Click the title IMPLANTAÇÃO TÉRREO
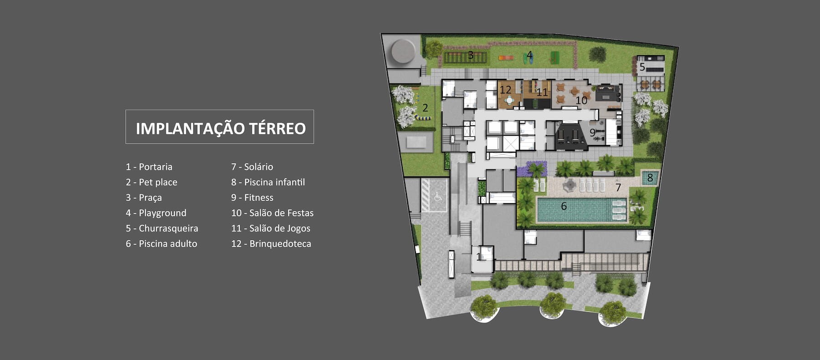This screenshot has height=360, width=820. point(220,128)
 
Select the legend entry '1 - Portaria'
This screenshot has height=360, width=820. point(149,167)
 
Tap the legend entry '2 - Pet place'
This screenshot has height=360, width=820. point(151,182)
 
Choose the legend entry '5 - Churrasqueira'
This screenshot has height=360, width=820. point(162,228)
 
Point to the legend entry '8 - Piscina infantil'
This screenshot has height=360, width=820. point(268,182)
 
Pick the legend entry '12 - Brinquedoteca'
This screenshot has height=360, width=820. point(271,244)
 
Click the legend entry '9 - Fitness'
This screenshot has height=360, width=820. point(252,198)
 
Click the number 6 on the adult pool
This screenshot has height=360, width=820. point(564,206)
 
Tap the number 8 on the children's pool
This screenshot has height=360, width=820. point(650,177)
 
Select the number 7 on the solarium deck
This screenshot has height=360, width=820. point(618,187)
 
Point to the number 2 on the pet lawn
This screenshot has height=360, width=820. point(425,108)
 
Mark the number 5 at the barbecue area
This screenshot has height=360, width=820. point(642,67)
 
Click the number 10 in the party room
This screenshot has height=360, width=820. point(581,100)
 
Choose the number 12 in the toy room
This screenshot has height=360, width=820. point(505,90)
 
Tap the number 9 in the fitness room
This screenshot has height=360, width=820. point(592,133)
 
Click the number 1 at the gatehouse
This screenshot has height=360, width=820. point(479,257)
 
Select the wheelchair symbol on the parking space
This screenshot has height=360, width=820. point(438,197)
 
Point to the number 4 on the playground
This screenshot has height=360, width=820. point(529,56)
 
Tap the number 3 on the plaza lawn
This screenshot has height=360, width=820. point(471,56)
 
